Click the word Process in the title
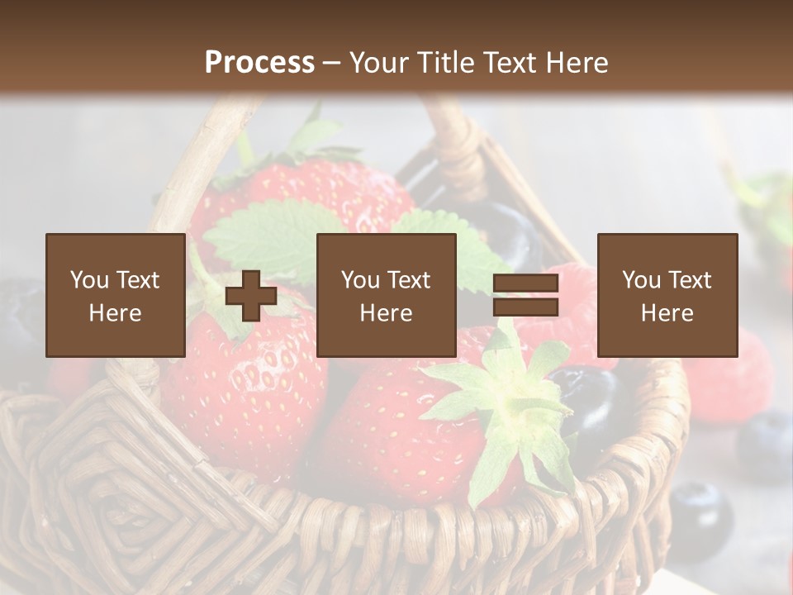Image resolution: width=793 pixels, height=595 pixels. point(259,63)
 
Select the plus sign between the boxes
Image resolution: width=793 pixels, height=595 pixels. point(251,296)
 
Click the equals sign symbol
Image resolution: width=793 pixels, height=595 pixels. point(525,296)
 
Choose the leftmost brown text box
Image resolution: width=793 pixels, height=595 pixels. point(115,296)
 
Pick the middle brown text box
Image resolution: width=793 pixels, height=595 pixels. point(386,296)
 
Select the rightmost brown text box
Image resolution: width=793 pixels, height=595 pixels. point(667,296)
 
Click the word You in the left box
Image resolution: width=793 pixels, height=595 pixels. point(88,280)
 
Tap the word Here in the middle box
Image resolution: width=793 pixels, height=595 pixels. point(386,313)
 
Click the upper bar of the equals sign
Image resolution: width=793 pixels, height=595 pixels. point(525,284)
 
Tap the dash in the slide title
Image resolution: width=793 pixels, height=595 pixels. point(332,63)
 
